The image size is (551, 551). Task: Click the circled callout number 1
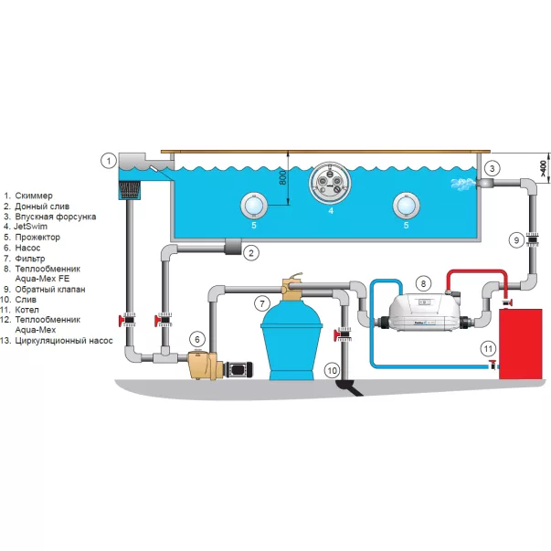pos(109,162)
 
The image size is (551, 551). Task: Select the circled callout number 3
pos(491,168)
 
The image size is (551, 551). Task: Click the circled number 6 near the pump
pos(196,338)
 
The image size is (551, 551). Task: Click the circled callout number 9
pos(516,239)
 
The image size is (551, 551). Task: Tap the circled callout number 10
pos(332,370)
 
